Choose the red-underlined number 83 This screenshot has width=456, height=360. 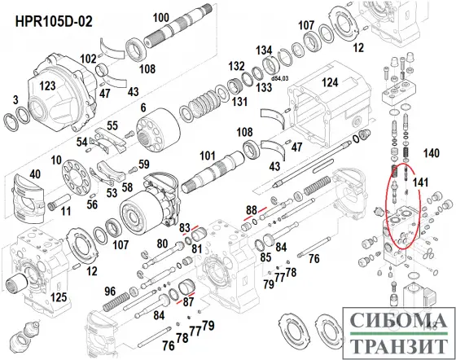(186, 226)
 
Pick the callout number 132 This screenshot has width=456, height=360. (237, 66)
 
